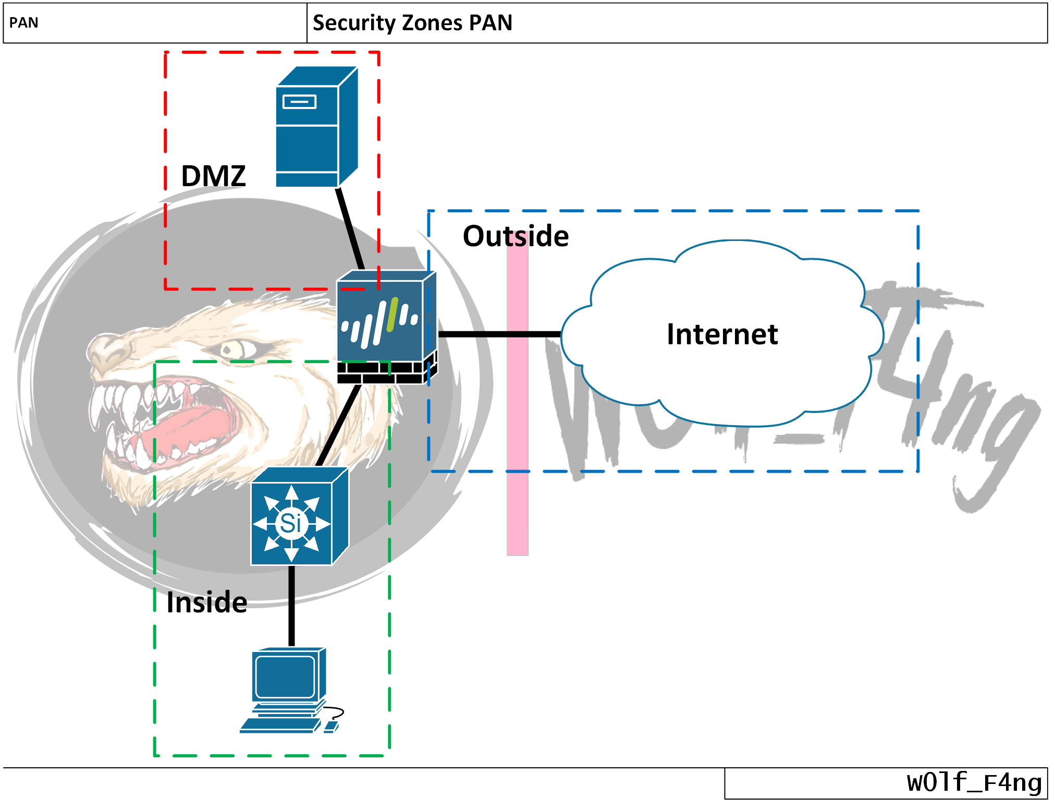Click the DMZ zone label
point(213,176)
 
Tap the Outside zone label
point(515,236)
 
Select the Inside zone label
point(206,602)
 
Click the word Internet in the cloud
point(722,334)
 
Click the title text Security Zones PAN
point(412,23)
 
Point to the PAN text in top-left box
point(24,23)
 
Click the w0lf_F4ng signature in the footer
point(974,782)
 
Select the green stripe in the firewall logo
point(392,315)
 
